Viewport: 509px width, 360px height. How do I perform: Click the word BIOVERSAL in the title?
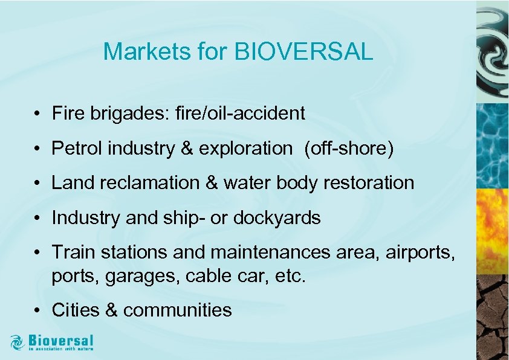[x=303, y=52]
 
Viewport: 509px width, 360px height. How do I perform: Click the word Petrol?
[x=77, y=148]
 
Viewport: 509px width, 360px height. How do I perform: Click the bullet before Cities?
[x=37, y=310]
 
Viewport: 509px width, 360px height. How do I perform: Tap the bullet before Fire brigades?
[x=37, y=114]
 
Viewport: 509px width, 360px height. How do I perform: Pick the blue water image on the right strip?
[x=492, y=145]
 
